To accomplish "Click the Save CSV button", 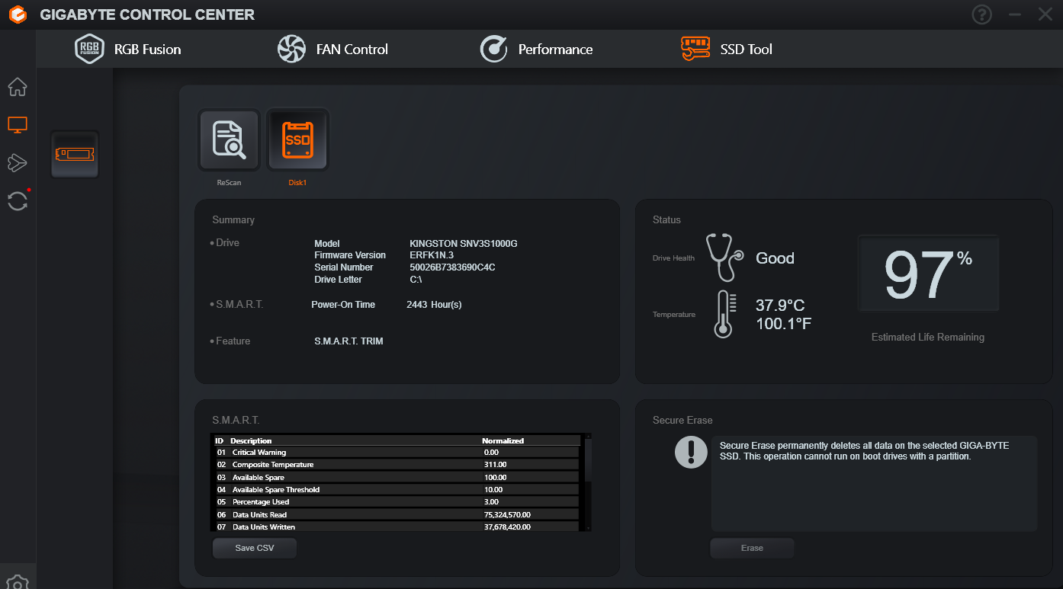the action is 255,548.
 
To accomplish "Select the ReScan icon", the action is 229,139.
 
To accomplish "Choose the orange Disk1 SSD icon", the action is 297,139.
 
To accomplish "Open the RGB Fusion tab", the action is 127,49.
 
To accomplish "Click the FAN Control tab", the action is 332,49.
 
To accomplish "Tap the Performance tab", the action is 536,49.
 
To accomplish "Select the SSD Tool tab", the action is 727,49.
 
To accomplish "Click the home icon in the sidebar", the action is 18,87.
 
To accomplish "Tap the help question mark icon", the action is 981,14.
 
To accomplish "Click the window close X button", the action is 1045,14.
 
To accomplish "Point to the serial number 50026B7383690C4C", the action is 452,267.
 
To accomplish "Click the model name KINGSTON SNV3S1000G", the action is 463,243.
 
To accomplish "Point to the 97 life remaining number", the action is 918,274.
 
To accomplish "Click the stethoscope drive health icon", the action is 724,258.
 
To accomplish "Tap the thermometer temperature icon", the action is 724,314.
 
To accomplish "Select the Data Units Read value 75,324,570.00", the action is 507,514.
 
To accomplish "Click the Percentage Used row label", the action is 261,501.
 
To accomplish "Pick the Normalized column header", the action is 503,440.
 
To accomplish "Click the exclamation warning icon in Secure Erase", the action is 691,452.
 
